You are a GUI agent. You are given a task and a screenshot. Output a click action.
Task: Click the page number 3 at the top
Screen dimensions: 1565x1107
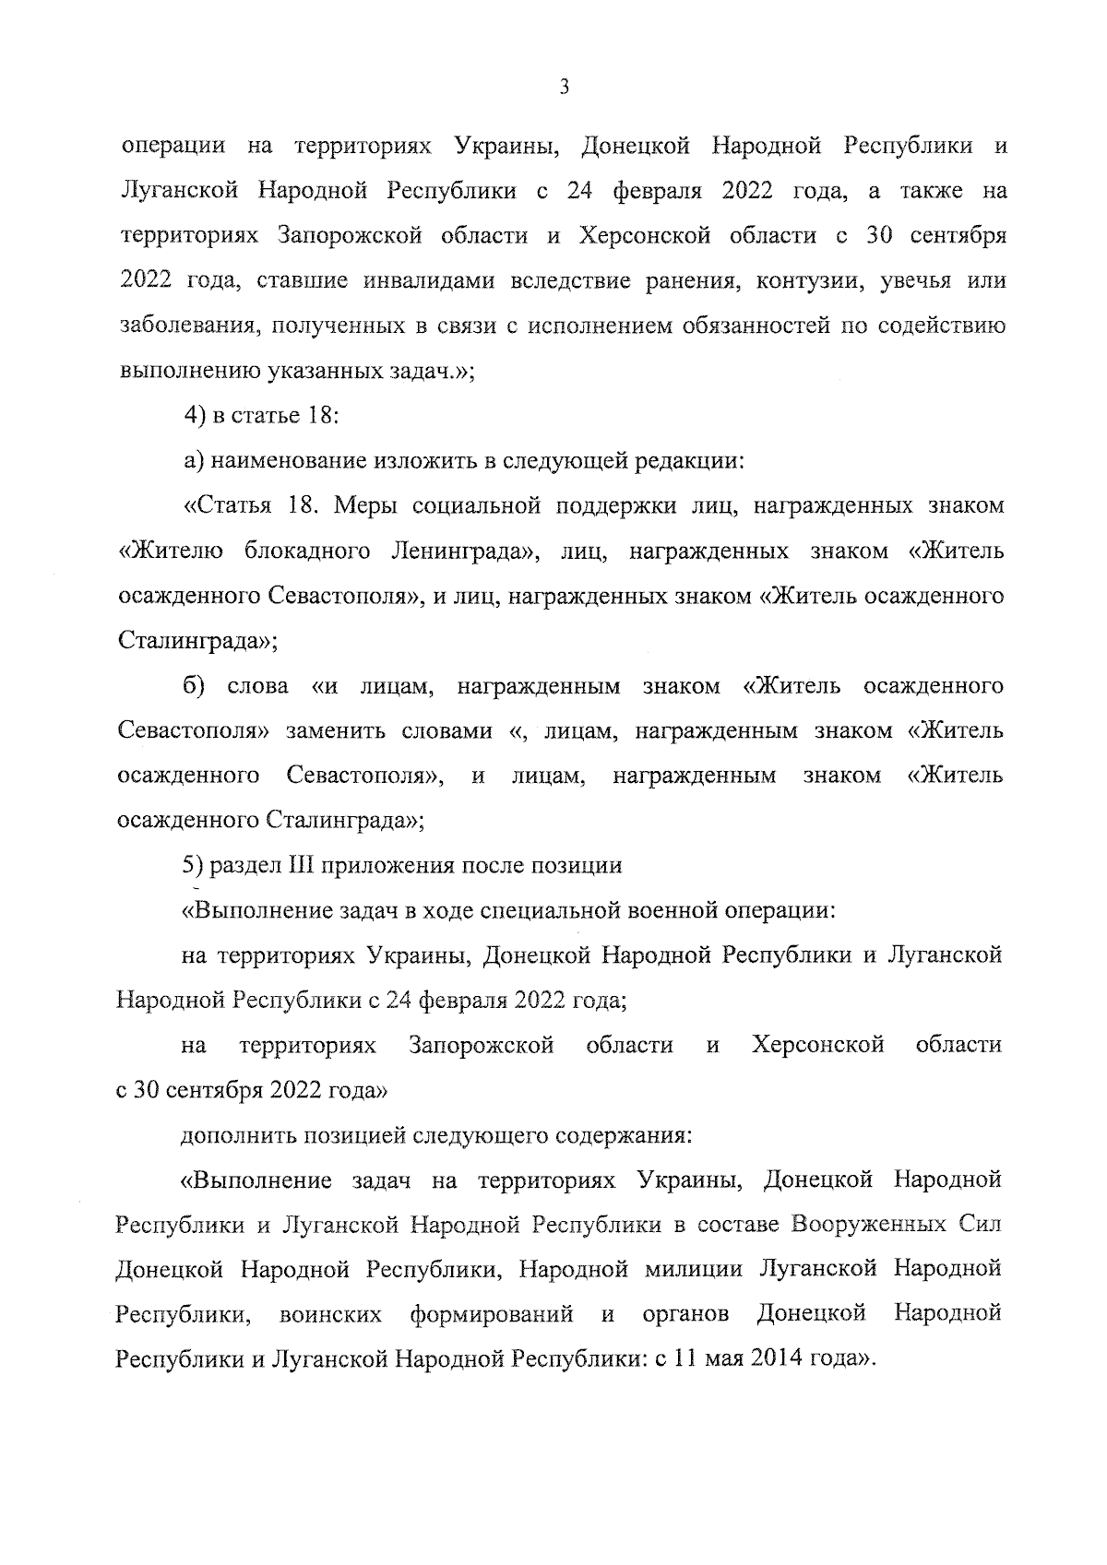[564, 88]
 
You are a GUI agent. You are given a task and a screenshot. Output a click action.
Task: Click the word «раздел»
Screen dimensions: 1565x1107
[237, 866]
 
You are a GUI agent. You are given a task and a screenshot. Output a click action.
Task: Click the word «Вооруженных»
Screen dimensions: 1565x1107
[874, 1225]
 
